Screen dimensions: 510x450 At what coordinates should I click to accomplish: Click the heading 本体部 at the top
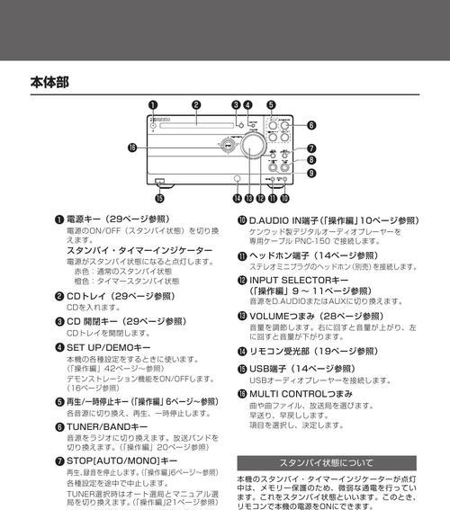coord(49,82)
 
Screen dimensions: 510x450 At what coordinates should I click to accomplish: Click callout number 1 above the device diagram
coord(152,105)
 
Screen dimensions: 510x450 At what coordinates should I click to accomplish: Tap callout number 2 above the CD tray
coord(195,105)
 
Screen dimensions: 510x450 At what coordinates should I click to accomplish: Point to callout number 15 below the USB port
coord(159,198)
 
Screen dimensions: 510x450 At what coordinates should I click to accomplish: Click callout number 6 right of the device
coord(311,125)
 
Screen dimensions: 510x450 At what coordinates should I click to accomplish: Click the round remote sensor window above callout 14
coord(236,178)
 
